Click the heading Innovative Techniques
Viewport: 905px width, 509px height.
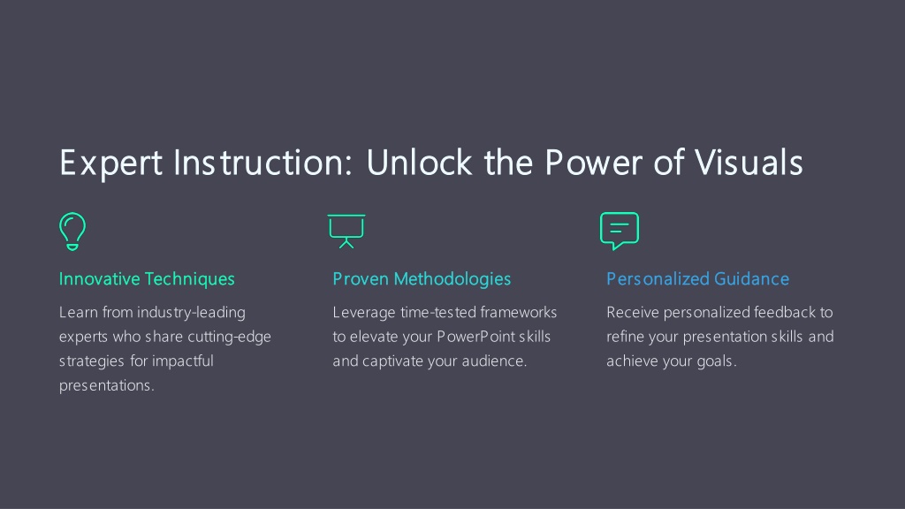tap(147, 279)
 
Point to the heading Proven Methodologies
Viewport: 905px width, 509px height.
tap(422, 279)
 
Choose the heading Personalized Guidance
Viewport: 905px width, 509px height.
tap(697, 279)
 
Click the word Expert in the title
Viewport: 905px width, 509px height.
tap(110, 163)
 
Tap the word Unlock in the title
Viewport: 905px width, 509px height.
tap(420, 163)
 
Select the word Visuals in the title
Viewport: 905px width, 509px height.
tap(749, 163)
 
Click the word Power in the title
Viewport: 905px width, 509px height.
tap(593, 163)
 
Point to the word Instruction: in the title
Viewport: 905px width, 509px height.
tap(262, 163)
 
